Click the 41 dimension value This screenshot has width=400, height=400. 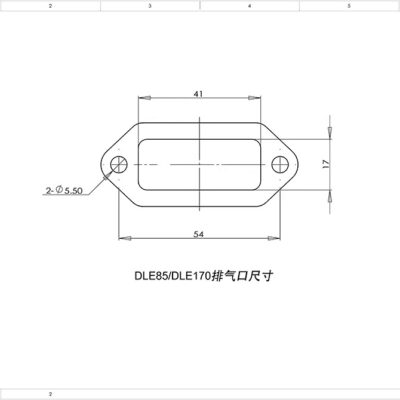pyautogui.click(x=200, y=93)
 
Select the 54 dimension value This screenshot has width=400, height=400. pyautogui.click(x=200, y=232)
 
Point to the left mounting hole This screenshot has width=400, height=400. pyautogui.click(x=119, y=164)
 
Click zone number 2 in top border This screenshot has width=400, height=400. pyautogui.click(x=50, y=5)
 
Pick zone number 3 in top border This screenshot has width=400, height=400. pyautogui.click(x=150, y=5)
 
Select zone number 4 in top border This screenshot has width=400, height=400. pyautogui.click(x=249, y=5)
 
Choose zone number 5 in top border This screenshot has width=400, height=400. pyautogui.click(x=348, y=5)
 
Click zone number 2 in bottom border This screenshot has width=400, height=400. pyautogui.click(x=50, y=394)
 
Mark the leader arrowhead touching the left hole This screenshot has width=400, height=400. pyautogui.click(x=109, y=172)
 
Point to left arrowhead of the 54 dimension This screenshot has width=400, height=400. pyautogui.click(x=123, y=238)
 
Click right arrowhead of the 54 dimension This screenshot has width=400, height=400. pyautogui.click(x=277, y=238)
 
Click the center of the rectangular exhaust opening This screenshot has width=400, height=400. pyautogui.click(x=200, y=164)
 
